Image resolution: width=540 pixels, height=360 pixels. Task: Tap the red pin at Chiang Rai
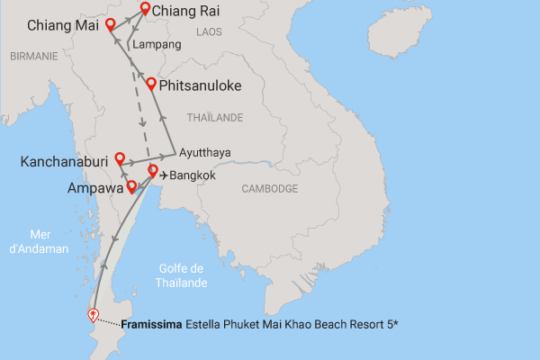pos(145,10)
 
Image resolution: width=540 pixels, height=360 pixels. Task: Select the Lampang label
pos(157,44)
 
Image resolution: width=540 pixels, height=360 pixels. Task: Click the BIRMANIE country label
pos(33,56)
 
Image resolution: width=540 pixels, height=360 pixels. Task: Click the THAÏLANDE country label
pos(214,118)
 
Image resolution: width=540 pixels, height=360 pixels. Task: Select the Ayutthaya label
pos(205,152)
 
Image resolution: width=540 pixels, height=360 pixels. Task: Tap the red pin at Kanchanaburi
pos(119,158)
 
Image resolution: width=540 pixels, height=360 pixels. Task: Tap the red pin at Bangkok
pos(153,171)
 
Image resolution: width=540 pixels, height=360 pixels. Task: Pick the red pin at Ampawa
pos(132,186)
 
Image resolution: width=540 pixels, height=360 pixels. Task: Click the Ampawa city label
pos(94,189)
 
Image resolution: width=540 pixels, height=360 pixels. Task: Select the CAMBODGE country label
pos(270,189)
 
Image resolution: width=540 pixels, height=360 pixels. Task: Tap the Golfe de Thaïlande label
pos(183,275)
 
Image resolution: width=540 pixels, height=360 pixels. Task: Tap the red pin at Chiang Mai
pos(111,24)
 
